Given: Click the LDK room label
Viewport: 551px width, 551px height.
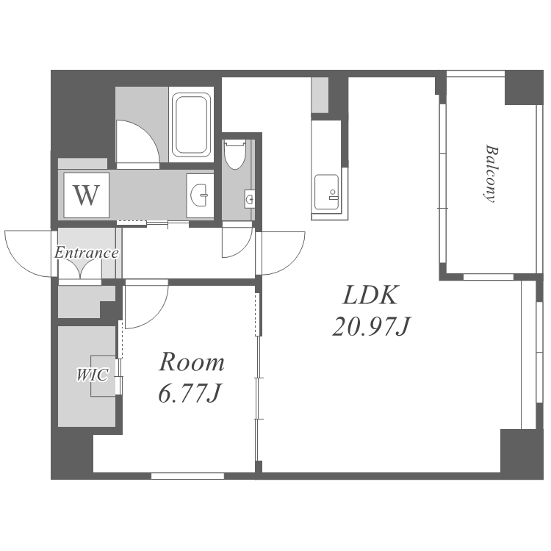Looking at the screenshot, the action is pos(371,295).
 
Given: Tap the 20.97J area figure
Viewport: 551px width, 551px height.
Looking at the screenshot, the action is pos(372,326).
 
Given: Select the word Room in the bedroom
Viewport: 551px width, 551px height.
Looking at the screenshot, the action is pos(192,362).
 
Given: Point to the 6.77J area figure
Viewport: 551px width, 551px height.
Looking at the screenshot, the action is pos(190,394).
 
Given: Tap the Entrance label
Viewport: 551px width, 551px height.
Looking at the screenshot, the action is pos(87,253).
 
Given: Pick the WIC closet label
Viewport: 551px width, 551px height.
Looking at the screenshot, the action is pos(93,375).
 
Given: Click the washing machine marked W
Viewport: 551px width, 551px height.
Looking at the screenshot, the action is pos(87,195).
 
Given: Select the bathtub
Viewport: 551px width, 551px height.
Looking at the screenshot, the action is pos(192,124).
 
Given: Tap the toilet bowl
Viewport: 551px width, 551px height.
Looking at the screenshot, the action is pos(235,154).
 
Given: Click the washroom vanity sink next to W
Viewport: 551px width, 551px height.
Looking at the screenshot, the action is pos(200,195).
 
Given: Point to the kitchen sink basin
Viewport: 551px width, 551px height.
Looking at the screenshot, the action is pos(327,192).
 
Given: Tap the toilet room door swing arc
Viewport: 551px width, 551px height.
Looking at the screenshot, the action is pos(244,251).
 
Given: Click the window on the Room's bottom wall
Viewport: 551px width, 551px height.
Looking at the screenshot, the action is pos(187,476).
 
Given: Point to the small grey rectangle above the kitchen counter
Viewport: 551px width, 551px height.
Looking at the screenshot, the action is pos(320,95).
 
